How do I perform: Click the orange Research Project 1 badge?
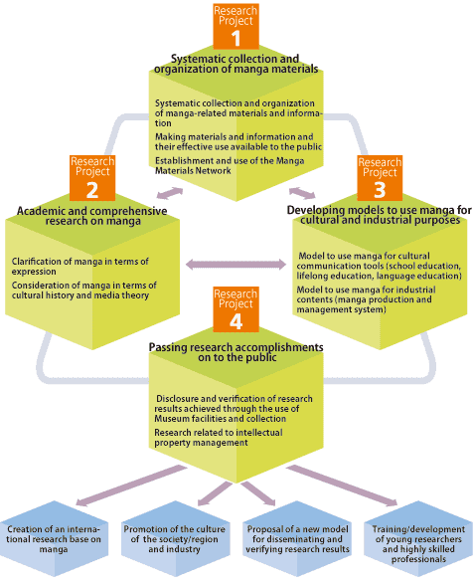point(236,26)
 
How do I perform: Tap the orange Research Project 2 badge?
point(92,178)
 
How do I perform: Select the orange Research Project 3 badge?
point(380,178)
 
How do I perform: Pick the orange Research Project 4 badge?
point(236,309)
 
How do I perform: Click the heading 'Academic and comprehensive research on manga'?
point(92,216)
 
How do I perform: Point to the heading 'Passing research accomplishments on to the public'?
point(236,352)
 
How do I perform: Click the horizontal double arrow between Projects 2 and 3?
point(236,265)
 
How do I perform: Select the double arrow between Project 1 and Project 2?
point(170,193)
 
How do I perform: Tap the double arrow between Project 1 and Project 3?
point(302,193)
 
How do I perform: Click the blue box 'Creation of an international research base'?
point(54,538)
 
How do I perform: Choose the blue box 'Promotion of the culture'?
point(175,538)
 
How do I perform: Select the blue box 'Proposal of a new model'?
point(297,538)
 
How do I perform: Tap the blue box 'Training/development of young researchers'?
point(418,538)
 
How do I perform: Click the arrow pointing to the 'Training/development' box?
point(342,485)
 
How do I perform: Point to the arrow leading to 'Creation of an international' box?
point(131,485)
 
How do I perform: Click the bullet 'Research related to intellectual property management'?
point(219,438)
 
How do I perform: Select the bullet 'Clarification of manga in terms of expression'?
point(80,267)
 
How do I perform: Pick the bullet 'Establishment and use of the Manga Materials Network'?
point(230,165)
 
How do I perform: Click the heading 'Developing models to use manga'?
point(380,215)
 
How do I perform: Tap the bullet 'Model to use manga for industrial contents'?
point(366,299)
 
